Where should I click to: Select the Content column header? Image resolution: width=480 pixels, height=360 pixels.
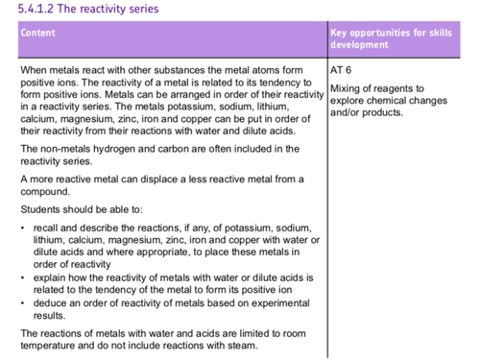point(37,33)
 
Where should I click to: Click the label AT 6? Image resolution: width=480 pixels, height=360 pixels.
point(343,70)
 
